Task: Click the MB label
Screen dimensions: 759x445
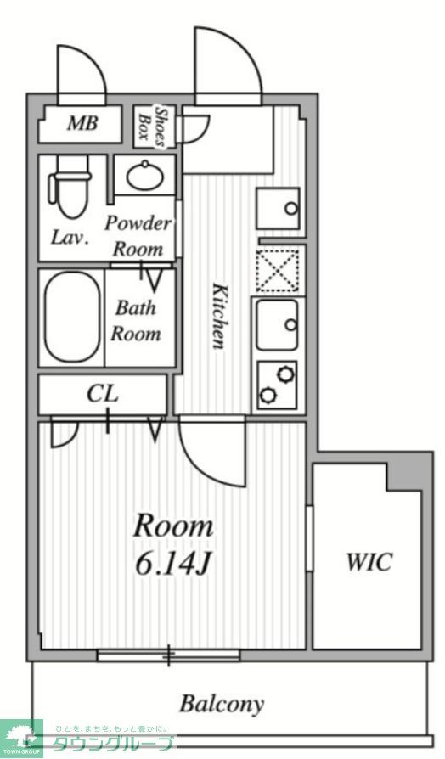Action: [x=82, y=124]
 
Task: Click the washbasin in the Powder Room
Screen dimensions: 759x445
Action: [x=144, y=176]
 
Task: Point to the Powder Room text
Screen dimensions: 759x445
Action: [x=138, y=236]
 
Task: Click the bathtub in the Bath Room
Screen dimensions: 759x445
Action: [x=71, y=316]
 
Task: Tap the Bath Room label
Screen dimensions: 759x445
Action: [x=136, y=320]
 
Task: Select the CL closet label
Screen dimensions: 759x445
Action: [x=102, y=395]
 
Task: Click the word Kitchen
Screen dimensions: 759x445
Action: [x=218, y=315]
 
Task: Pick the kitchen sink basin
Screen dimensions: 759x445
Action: [x=278, y=324]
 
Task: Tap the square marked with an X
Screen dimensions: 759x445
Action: [x=278, y=270]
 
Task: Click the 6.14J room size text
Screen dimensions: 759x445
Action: [x=172, y=562]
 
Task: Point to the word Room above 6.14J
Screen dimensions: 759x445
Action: [x=172, y=526]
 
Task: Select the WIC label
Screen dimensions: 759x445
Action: [x=368, y=561]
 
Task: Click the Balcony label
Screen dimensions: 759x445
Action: [x=222, y=704]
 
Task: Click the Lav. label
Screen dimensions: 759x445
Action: [x=70, y=238]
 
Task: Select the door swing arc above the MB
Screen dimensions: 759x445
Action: [x=81, y=70]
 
